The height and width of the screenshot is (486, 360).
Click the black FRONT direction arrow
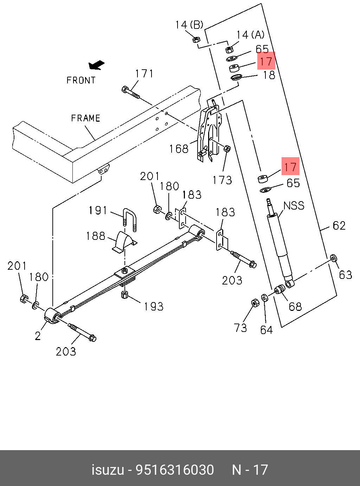(x=96, y=65)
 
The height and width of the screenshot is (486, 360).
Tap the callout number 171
(x=144, y=73)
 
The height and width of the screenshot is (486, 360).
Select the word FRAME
(x=86, y=118)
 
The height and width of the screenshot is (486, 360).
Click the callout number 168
(x=179, y=149)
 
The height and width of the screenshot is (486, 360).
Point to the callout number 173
(x=222, y=180)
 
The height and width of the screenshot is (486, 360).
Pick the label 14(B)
(x=189, y=25)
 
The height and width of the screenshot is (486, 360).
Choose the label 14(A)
(x=250, y=34)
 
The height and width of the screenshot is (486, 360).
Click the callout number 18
(x=269, y=75)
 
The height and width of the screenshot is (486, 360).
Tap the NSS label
(x=294, y=205)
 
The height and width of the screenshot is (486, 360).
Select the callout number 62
(x=339, y=225)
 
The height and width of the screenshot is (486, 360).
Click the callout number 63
(x=345, y=275)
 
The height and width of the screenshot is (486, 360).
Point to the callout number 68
(x=295, y=307)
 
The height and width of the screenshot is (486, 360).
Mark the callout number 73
(x=240, y=328)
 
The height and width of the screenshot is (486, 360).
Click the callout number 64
(x=266, y=330)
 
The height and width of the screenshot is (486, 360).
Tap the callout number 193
(x=154, y=307)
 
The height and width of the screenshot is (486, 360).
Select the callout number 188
(x=96, y=236)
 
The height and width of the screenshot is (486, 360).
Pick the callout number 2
(x=38, y=336)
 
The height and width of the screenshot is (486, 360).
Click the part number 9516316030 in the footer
(x=175, y=470)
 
